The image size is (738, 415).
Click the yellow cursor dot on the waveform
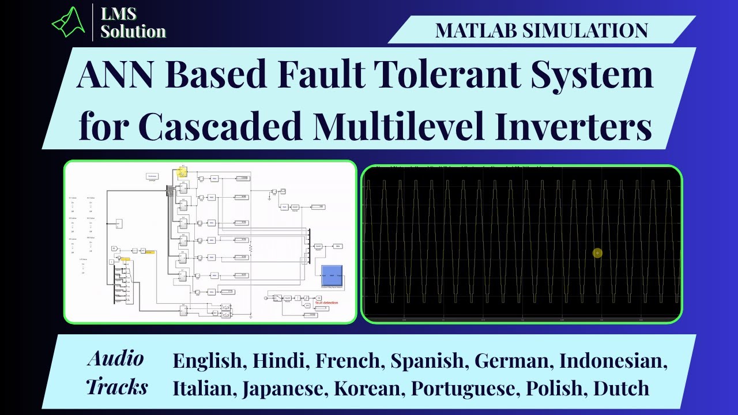pyautogui.click(x=597, y=253)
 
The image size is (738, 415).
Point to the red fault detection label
pyautogui.click(x=326, y=303)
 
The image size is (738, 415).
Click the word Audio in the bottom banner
pyautogui.click(x=115, y=359)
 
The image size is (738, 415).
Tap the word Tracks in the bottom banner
pyautogui.click(x=117, y=386)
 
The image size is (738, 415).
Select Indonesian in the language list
pyautogui.click(x=613, y=361)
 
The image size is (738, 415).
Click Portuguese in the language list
pyautogui.click(x=462, y=388)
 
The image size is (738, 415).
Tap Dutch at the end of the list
pyautogui.click(x=621, y=388)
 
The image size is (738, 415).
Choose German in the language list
pyautogui.click(x=511, y=361)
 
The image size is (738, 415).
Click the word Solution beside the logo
pyautogui.click(x=133, y=31)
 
